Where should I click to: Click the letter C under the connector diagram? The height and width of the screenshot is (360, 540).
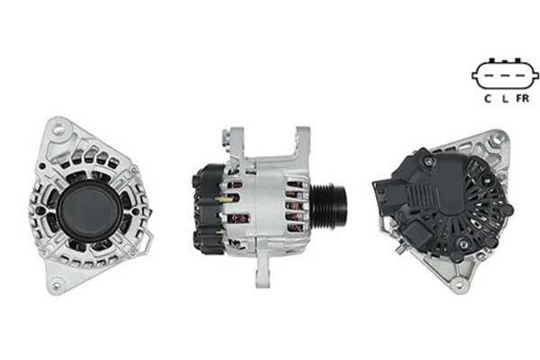(487, 98)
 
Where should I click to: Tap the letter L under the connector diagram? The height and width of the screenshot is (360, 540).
(505, 99)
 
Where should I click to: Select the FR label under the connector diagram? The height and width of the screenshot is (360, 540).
(522, 98)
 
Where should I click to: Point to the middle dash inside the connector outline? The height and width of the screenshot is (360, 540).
(505, 76)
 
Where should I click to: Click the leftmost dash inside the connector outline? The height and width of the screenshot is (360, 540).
(489, 76)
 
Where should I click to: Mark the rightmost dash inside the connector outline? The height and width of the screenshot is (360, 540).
(521, 76)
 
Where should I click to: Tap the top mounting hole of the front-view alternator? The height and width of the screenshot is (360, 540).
(60, 130)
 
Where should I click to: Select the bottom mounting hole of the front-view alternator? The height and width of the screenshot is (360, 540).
(56, 285)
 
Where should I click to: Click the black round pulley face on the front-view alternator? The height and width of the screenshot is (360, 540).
(89, 210)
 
